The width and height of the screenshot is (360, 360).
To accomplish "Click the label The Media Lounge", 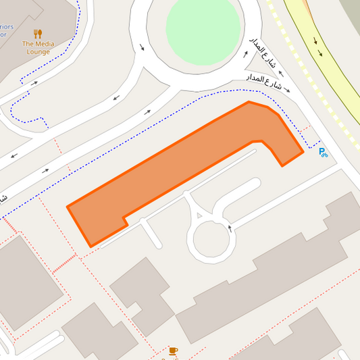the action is pyautogui.click(x=38, y=47).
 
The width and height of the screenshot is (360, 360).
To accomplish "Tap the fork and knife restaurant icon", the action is pyautogui.click(x=38, y=33).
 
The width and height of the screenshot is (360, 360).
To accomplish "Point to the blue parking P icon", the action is pyautogui.click(x=323, y=153).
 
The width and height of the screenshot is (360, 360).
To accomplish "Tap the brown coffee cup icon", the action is pyautogui.click(x=174, y=351).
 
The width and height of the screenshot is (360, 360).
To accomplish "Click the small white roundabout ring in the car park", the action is pyautogui.click(x=212, y=238).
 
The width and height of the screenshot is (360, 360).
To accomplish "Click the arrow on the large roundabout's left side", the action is pyautogui.click(x=142, y=47).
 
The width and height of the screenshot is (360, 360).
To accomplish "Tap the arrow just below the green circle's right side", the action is pyautogui.click(x=246, y=53).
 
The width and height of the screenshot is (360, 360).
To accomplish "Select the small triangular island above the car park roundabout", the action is pyautogui.click(x=198, y=215).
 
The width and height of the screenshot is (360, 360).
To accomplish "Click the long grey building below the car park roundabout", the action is pyautogui.click(x=270, y=270).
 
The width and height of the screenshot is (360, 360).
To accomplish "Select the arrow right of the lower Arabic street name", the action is pyautogui.click(x=287, y=89).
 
